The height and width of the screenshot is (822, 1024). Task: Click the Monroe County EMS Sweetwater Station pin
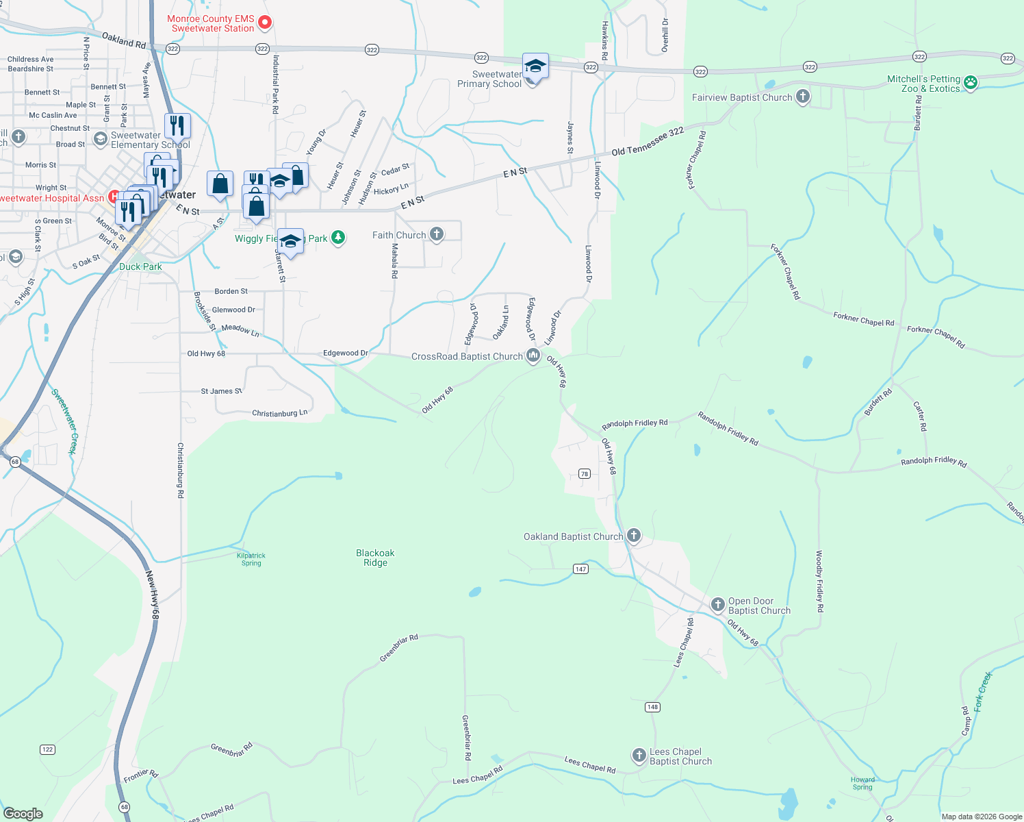(265, 23)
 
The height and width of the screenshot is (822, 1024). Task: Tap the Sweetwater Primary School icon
(535, 66)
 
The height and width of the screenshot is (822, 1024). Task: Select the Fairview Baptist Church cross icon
(803, 97)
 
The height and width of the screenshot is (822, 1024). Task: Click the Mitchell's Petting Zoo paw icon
(971, 83)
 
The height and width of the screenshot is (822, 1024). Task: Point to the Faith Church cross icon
(436, 234)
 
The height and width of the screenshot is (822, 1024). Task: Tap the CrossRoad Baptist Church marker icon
(533, 356)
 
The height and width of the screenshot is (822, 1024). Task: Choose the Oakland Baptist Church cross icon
(634, 536)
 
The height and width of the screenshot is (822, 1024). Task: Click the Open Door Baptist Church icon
(717, 604)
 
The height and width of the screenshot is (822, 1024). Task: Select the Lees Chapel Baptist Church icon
(639, 756)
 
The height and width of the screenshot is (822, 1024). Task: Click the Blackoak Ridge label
(375, 558)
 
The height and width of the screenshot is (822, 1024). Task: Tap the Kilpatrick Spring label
(251, 560)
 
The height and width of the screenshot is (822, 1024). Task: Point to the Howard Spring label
(862, 783)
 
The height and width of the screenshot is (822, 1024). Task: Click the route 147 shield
(580, 569)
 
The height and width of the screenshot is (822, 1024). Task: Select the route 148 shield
(652, 707)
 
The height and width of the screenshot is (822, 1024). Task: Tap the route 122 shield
(47, 749)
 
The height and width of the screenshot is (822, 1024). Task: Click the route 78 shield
(584, 473)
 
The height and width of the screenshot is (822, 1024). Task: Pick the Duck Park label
(140, 266)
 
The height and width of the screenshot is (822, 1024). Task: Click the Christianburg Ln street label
(279, 414)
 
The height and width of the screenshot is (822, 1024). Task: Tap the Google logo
(23, 814)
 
